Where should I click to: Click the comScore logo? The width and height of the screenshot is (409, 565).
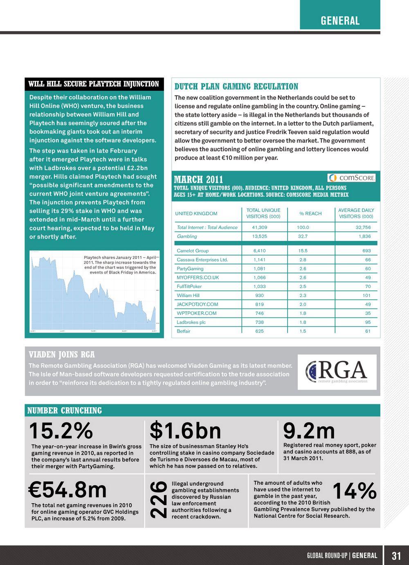pyautogui.click(x=351, y=178)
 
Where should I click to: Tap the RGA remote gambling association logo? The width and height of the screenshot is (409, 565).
pyautogui.click(x=337, y=372)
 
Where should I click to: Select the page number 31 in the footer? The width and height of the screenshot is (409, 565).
pyautogui.click(x=396, y=556)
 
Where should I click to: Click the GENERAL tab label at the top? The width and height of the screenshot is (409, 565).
pyautogui.click(x=340, y=20)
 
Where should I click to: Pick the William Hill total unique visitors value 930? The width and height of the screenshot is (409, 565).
pyautogui.click(x=259, y=295)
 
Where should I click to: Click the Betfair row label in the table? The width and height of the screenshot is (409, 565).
pyautogui.click(x=184, y=331)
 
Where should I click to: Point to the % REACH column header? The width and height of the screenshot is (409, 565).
pyautogui.click(x=310, y=214)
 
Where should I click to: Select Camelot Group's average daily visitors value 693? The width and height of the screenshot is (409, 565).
pyautogui.click(x=366, y=251)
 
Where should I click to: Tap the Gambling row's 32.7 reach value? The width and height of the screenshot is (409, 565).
pyautogui.click(x=303, y=236)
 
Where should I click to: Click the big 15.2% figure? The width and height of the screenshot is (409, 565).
pyautogui.click(x=61, y=431)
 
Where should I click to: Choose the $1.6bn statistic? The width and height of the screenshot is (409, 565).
pyautogui.click(x=185, y=431)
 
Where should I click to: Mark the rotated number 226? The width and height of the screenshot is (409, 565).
pyautogui.click(x=159, y=500)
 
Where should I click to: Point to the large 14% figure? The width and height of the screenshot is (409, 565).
pyautogui.click(x=354, y=491)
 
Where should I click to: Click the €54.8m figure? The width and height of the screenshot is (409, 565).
pyautogui.click(x=67, y=489)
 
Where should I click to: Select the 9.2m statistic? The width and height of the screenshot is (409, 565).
pyautogui.click(x=309, y=431)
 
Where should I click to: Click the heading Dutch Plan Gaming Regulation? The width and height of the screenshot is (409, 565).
pyautogui.click(x=236, y=86)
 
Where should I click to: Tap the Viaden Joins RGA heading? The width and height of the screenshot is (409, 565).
pyautogui.click(x=62, y=354)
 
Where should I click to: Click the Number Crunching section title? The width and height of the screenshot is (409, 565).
pyautogui.click(x=65, y=410)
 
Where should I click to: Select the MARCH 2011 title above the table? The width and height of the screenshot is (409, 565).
pyautogui.click(x=199, y=179)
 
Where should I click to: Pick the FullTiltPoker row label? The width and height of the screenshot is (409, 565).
pyautogui.click(x=189, y=286)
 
